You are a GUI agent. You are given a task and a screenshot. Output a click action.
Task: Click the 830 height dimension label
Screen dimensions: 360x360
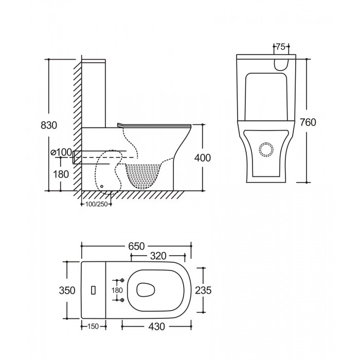coord(49,125)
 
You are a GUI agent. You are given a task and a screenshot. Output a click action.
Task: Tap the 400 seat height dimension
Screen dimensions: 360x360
coord(202,158)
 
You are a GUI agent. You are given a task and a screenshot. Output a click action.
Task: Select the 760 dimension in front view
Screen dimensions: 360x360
coord(308,122)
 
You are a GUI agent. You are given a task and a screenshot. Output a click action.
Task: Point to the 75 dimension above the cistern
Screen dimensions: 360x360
coord(281,47)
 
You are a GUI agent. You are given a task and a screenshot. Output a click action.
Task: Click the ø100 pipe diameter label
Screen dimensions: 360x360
coord(61,152)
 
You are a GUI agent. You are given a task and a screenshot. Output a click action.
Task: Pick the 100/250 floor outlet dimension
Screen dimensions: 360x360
coord(97,204)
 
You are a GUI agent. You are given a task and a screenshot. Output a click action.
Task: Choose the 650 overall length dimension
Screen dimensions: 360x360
coord(136,246)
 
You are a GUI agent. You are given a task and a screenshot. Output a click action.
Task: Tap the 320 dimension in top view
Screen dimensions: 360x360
coord(158,256)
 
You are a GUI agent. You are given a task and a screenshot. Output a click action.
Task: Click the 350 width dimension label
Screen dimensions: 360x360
coord(67,291)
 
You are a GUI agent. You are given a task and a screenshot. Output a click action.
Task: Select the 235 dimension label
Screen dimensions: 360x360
coord(203,291)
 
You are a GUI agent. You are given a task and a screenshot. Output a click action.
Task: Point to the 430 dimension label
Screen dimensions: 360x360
coord(156,326)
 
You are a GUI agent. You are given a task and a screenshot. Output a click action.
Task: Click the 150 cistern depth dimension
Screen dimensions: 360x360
coord(93,326)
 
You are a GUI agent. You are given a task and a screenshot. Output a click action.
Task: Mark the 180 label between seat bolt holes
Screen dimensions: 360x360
coord(117,291)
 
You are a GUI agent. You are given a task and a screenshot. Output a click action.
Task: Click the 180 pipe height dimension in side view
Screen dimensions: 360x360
coord(61,174)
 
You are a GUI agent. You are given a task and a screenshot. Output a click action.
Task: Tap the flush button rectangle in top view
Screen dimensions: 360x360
coord(93,291)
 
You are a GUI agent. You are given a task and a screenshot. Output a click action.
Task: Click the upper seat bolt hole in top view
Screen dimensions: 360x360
coord(122,280)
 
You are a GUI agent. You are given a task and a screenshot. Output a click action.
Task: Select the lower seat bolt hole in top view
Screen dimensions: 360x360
coord(122,300)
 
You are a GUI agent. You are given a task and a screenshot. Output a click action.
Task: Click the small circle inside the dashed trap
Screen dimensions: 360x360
coord(102,186)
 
